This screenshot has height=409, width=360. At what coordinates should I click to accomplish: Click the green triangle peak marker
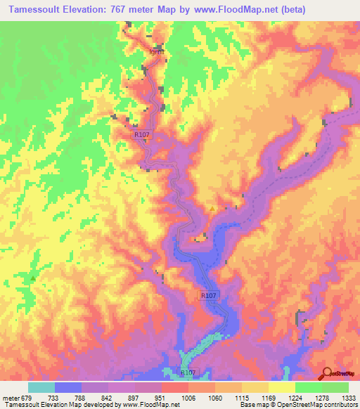pyautogui.click(x=33, y=278)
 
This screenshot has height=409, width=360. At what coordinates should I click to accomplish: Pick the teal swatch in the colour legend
pyautogui.click(x=41, y=387)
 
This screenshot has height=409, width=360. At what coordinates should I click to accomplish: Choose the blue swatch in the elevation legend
pyautogui.click(x=68, y=387)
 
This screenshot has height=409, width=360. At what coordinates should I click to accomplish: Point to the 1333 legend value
pyautogui.click(x=340, y=397)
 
